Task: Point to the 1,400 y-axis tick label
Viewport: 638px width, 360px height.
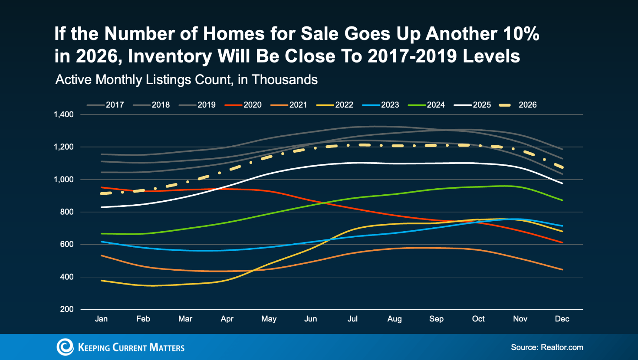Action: tap(64, 115)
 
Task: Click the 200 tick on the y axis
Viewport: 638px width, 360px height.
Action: tap(67, 309)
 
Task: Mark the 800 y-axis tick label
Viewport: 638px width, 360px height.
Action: tap(67, 212)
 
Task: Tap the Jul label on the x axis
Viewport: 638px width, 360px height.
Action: tap(352, 319)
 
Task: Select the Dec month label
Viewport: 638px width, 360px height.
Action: tap(562, 319)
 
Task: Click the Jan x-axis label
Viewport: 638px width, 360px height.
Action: tap(101, 319)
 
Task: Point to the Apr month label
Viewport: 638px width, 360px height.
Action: tap(227, 319)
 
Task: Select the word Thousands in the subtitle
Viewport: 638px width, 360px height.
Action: tap(284, 80)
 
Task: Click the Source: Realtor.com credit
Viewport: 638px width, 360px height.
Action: tap(547, 347)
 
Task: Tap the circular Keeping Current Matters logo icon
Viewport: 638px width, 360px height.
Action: tap(65, 347)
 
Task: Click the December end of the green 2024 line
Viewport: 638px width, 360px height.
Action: tap(562, 200)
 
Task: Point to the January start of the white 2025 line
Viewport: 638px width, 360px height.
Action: tap(101, 207)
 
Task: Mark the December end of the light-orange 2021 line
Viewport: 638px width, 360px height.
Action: tap(562, 270)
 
